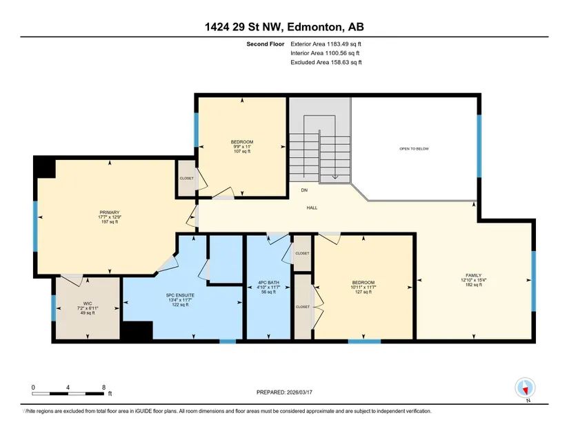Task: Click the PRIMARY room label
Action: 110,212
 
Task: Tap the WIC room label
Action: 88,303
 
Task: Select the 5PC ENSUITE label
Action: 180,295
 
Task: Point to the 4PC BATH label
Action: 268,283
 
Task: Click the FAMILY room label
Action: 474,275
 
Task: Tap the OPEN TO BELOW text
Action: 414,149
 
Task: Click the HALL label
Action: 312,208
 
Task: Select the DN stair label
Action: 304,190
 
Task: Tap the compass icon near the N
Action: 525,388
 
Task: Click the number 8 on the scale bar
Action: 103,388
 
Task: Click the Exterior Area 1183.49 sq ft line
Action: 326,44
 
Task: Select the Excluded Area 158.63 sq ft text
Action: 326,62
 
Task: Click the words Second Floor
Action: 266,44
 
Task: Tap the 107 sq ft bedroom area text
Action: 242,151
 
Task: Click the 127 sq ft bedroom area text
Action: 363,292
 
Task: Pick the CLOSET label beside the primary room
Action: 187,179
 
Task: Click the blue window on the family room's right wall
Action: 533,281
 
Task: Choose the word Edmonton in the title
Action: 315,27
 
